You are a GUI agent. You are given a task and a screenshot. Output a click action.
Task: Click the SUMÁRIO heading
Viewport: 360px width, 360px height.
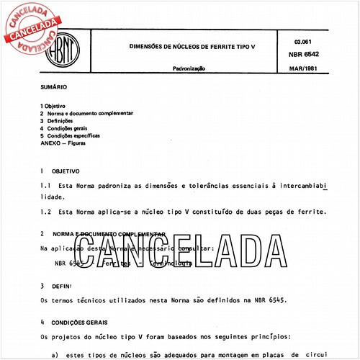tap(54, 86)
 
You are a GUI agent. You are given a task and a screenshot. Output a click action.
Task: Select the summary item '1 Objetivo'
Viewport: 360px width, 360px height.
tap(55, 107)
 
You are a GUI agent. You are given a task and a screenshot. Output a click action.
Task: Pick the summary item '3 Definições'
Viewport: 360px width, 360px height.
tap(60, 121)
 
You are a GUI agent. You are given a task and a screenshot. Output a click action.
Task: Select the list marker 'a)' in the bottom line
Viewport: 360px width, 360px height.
tap(57, 354)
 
